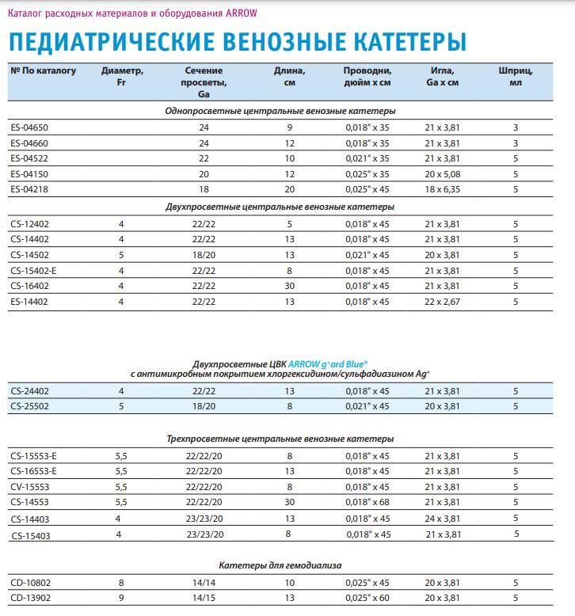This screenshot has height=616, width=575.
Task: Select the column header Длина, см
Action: (x=290, y=76)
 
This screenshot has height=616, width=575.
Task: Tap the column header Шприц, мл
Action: (x=516, y=76)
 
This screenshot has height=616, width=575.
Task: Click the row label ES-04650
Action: (x=29, y=127)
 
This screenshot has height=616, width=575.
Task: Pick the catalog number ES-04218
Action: (x=29, y=189)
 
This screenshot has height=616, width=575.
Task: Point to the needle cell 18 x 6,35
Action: (x=442, y=189)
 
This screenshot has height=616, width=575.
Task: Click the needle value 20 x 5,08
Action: (x=442, y=173)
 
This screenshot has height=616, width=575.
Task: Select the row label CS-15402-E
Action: (x=33, y=270)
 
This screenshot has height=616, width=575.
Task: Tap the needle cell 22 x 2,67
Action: (x=442, y=302)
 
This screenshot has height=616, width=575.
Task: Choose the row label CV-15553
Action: (x=30, y=487)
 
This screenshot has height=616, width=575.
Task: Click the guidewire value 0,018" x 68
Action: (x=367, y=503)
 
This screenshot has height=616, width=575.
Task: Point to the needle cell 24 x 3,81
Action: (x=442, y=519)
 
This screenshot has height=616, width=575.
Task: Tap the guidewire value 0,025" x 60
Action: (x=367, y=599)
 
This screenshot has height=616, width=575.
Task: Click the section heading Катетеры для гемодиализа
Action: (x=280, y=565)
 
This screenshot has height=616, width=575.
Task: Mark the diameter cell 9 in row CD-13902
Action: (x=121, y=599)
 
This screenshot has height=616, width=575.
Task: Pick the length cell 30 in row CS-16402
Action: (x=290, y=286)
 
